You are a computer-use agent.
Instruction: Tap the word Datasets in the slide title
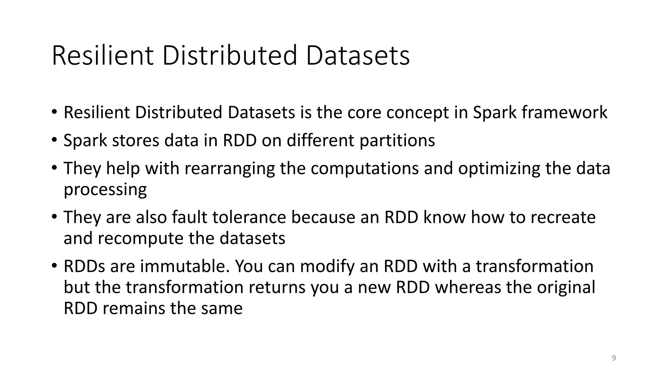tap(358, 56)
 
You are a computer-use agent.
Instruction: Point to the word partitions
tap(397, 141)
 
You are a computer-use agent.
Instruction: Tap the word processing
tap(105, 190)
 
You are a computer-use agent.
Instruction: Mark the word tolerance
tap(249, 217)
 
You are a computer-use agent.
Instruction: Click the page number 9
tap(614, 358)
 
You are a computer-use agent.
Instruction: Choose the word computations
tap(364, 169)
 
